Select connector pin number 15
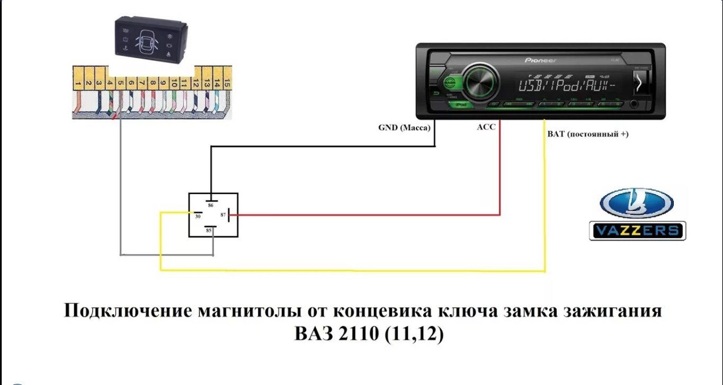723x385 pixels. (227, 84)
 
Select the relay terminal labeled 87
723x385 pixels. (224, 215)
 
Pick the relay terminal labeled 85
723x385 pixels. (209, 230)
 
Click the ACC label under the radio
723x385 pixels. (486, 127)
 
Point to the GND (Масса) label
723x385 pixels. (404, 127)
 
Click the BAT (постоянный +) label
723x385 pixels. (587, 134)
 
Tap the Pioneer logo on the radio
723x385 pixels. (540, 61)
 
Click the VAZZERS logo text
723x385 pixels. (637, 231)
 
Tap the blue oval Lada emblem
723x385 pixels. (636, 204)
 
